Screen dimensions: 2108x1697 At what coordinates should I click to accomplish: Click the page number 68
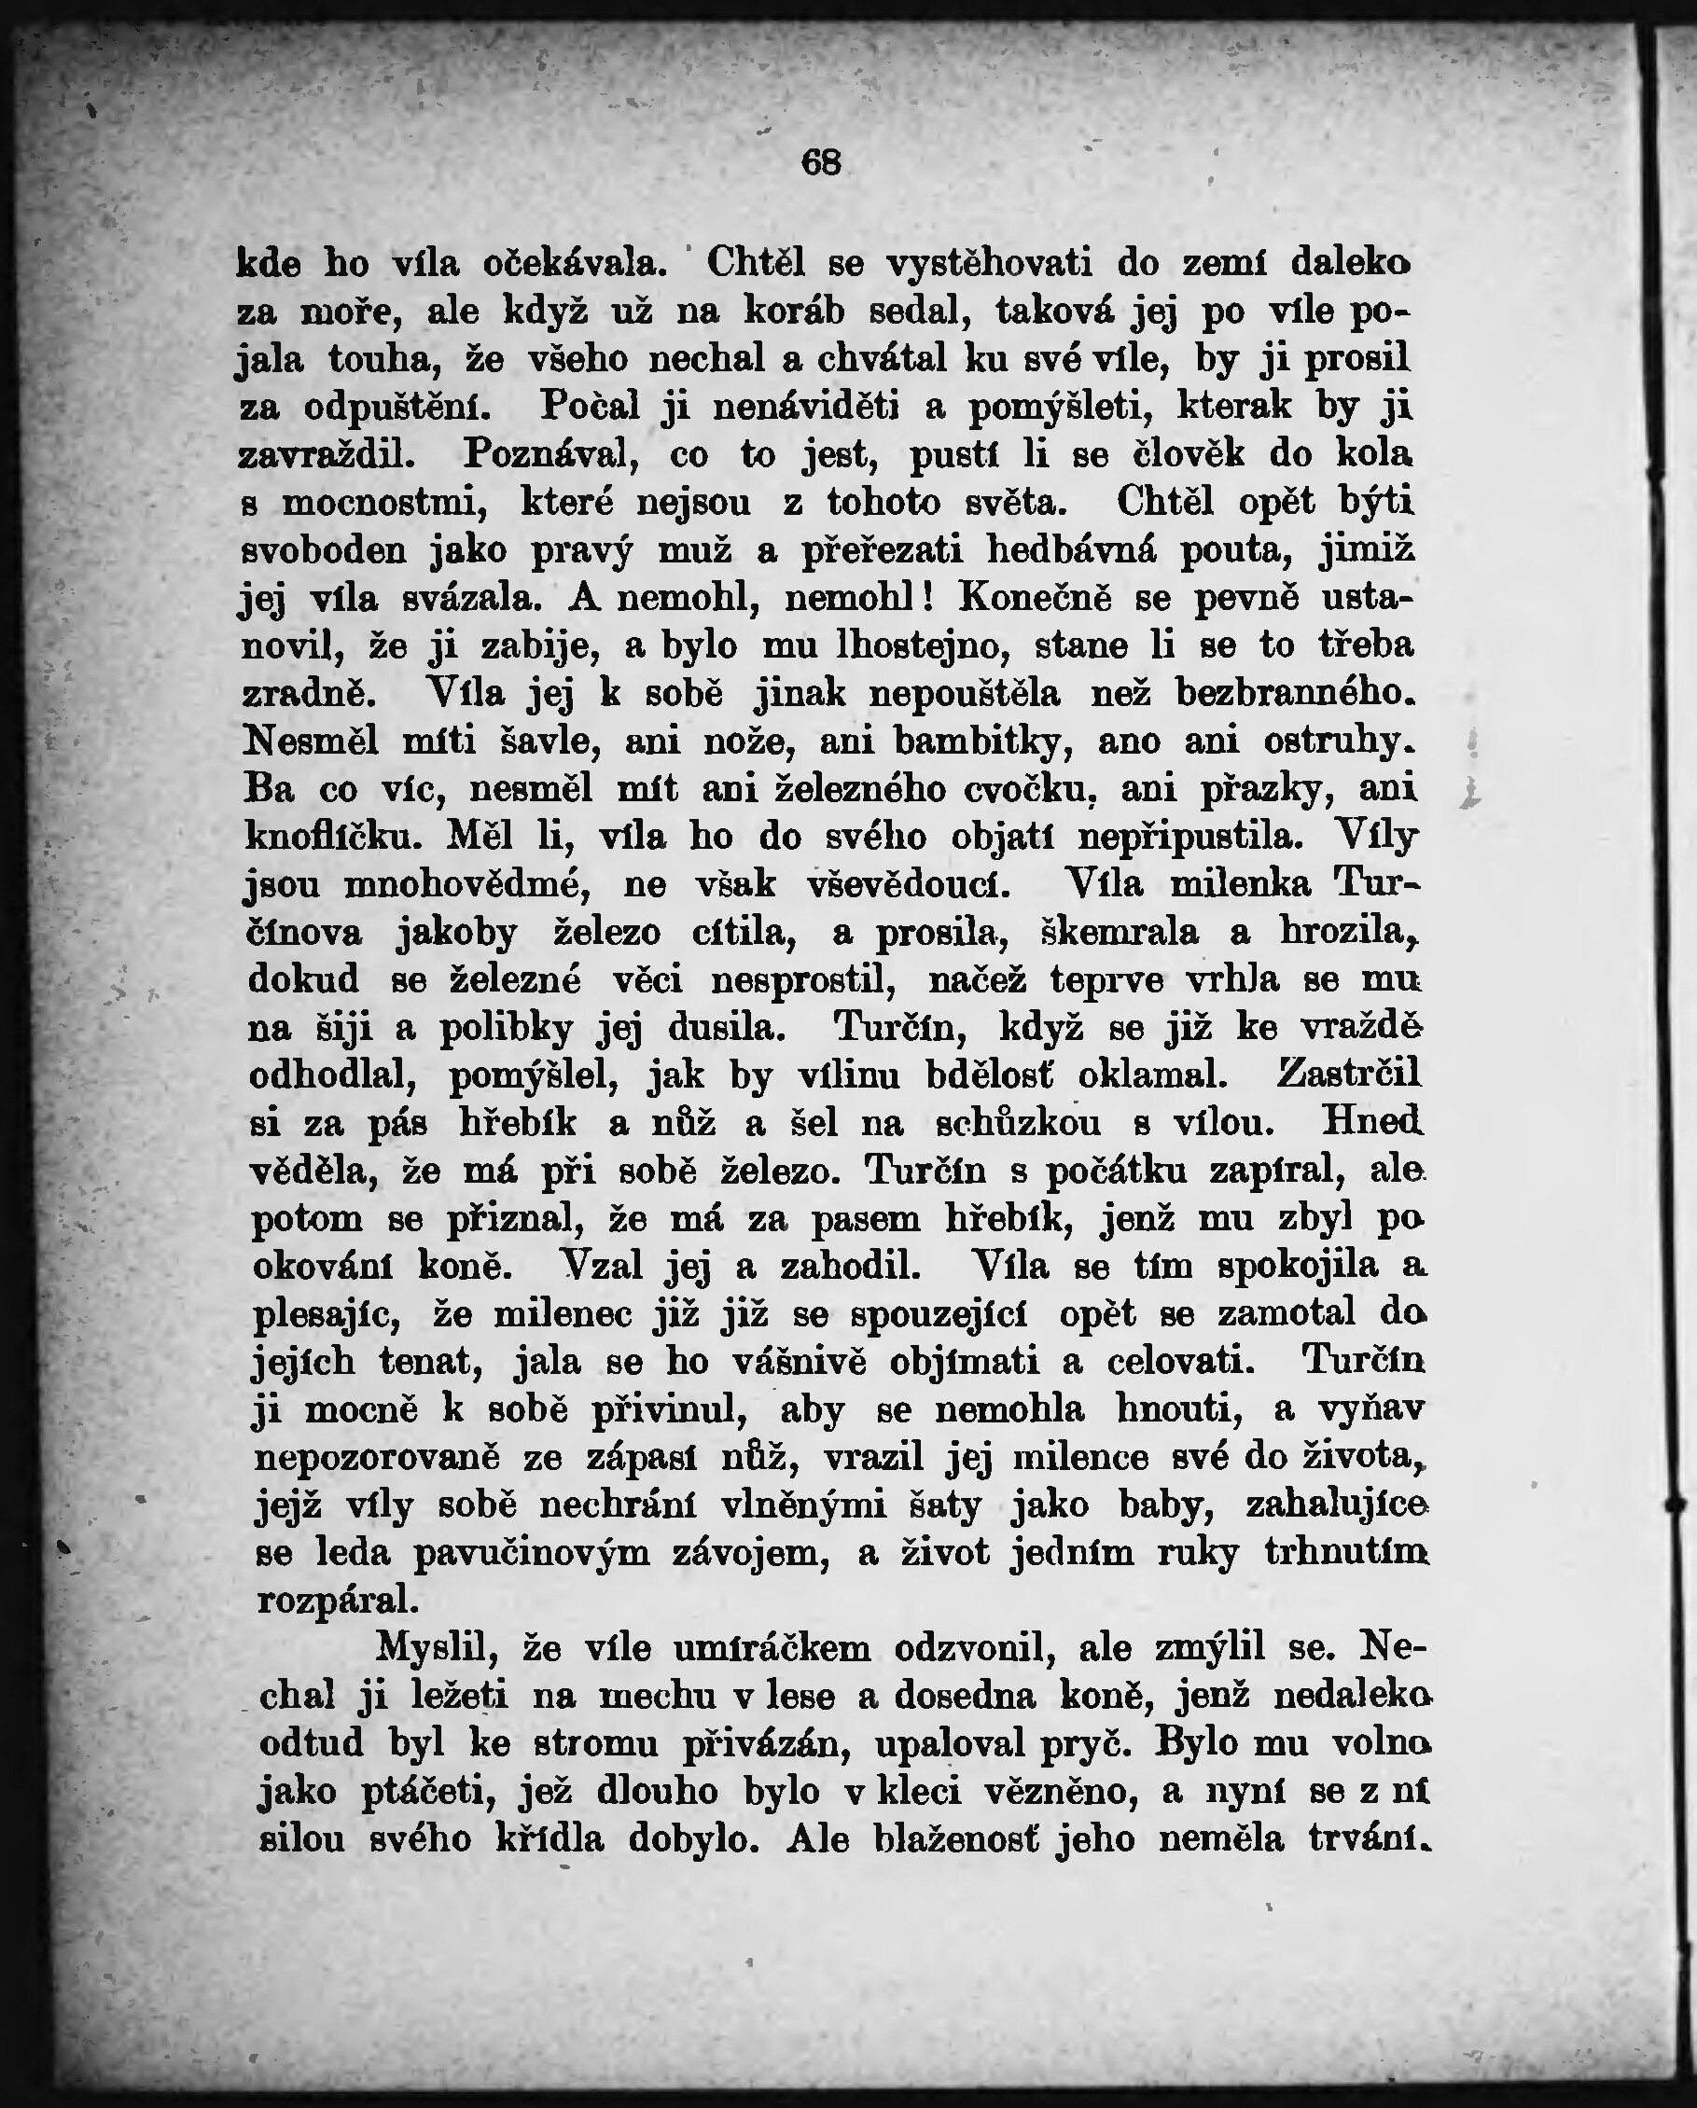(821, 162)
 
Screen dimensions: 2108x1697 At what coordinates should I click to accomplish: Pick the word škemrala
(1119, 933)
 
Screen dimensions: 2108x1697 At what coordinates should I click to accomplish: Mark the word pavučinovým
(532, 1554)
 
